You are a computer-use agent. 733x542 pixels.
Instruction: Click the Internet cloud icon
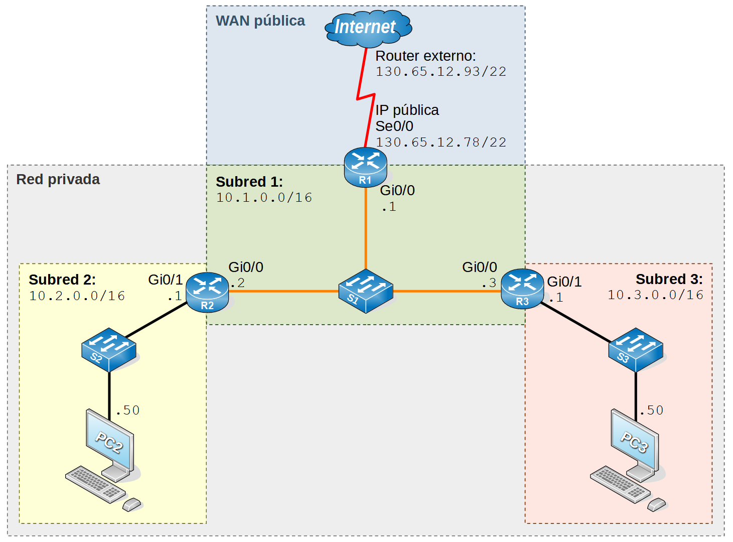[368, 27]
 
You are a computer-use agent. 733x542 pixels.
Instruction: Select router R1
[365, 167]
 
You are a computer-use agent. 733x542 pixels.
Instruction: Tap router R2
[207, 292]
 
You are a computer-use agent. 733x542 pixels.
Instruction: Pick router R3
[522, 289]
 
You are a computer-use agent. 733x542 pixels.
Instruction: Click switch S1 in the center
[365, 291]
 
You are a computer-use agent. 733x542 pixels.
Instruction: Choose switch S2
[109, 349]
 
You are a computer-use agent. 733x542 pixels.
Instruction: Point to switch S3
[636, 349]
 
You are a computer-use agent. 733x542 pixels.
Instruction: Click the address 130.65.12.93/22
[441, 72]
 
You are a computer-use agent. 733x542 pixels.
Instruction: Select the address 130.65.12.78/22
[441, 143]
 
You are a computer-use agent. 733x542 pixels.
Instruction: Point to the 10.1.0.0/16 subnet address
[264, 198]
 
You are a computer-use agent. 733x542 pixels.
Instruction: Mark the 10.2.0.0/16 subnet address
[77, 296]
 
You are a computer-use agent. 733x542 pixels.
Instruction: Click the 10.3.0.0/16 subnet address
[655, 295]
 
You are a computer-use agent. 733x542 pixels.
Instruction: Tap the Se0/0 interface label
[394, 126]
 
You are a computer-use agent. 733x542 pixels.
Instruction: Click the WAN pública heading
[260, 21]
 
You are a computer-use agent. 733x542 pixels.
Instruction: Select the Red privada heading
[58, 179]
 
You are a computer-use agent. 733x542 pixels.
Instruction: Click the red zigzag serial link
[366, 95]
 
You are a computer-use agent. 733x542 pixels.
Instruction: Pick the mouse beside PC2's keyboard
[132, 504]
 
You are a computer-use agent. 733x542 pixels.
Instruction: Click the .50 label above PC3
[652, 411]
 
